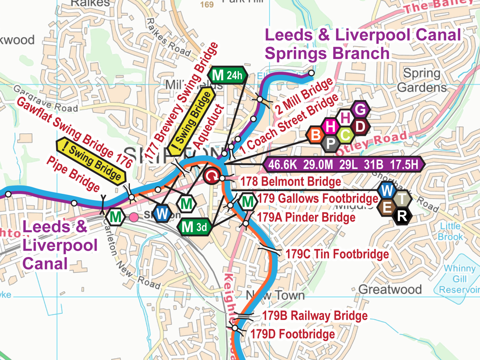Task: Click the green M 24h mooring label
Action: click(x=227, y=75)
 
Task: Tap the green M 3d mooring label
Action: click(x=194, y=227)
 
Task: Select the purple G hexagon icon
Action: click(x=360, y=109)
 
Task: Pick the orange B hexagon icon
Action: click(x=315, y=135)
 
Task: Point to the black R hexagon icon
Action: click(x=402, y=216)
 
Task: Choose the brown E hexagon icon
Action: click(x=387, y=207)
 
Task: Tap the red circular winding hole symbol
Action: click(x=212, y=176)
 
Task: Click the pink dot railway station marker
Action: click(x=134, y=217)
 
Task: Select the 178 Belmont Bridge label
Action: click(x=290, y=182)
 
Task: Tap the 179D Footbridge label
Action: click(x=292, y=334)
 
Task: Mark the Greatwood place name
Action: click(x=390, y=289)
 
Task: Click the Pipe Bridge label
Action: click(x=73, y=174)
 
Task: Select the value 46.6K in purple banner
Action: click(x=282, y=164)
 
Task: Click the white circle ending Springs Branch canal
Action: click(x=311, y=73)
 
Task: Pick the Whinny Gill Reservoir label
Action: click(x=459, y=279)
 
